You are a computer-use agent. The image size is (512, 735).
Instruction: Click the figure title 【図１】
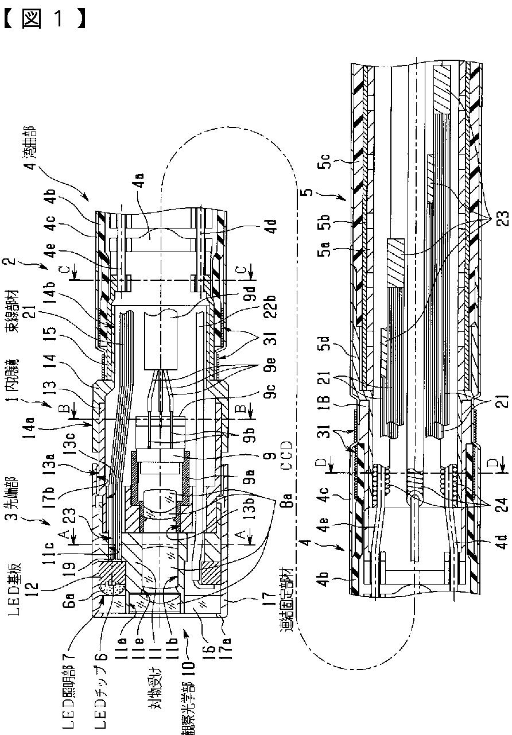coord(45,17)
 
